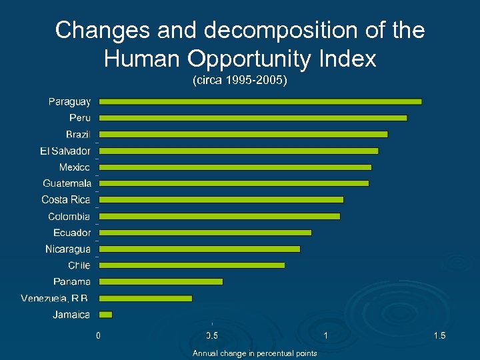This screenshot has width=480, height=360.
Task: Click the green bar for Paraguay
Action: point(260,101)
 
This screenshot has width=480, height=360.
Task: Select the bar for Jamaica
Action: point(106,314)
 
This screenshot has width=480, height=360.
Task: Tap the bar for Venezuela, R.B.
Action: point(145,298)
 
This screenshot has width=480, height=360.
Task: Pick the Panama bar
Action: point(161,281)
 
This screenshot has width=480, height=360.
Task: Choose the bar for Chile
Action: point(192,265)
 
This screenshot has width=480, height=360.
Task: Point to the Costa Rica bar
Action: point(221,199)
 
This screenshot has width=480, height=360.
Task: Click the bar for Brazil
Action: point(243,134)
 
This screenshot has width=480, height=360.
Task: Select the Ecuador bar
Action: point(205,232)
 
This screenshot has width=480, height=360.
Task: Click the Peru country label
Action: point(79,118)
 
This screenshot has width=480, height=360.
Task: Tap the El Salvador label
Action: point(65,151)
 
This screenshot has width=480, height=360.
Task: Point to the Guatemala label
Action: point(67,183)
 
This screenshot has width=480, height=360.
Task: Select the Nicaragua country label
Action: point(67,249)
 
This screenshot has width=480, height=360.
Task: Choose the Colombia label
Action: point(69,216)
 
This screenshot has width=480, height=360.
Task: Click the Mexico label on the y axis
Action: point(74,167)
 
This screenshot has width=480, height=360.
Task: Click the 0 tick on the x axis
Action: point(99,335)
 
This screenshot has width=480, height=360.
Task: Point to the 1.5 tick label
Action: point(439,335)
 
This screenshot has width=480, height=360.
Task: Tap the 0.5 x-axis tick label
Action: point(212,335)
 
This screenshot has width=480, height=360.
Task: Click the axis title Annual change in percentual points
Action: point(255,353)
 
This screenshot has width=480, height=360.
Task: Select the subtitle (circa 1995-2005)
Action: point(239,81)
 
